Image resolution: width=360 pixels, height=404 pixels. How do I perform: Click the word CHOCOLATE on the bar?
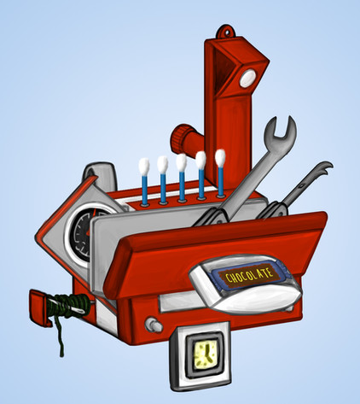(249, 276)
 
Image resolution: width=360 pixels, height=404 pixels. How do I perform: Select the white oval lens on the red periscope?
(248, 79)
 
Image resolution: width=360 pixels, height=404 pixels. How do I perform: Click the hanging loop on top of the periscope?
(227, 32)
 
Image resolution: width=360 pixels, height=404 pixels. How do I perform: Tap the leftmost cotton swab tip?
(144, 166)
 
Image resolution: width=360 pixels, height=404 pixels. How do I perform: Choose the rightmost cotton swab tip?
(220, 158)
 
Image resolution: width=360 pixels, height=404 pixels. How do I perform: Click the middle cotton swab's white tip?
(181, 162)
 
